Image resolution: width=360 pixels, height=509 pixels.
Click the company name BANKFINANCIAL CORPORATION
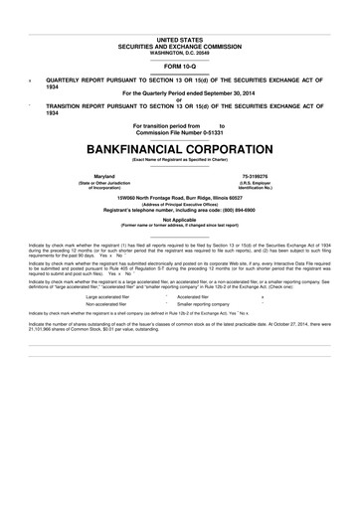click(x=179, y=146)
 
